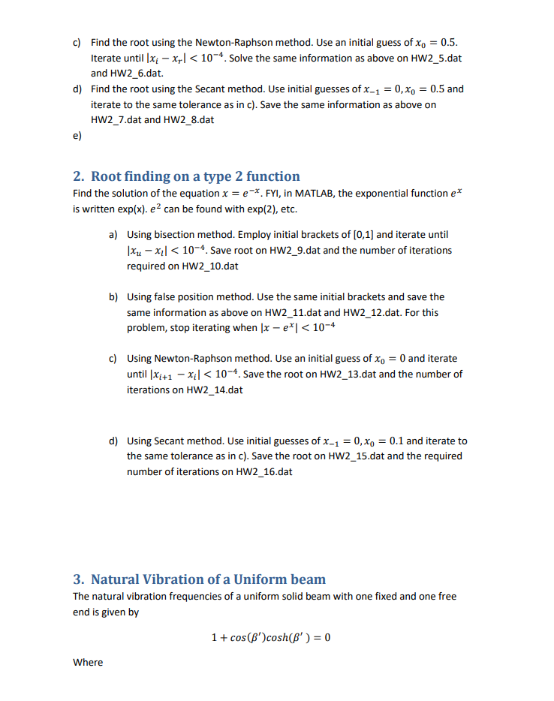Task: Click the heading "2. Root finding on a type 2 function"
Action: [186, 176]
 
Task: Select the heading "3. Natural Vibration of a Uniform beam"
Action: [199, 579]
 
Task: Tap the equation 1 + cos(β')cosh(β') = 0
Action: [271, 638]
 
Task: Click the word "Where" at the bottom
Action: [88, 662]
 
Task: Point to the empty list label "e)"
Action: [77, 137]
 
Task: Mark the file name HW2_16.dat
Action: [263, 471]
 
